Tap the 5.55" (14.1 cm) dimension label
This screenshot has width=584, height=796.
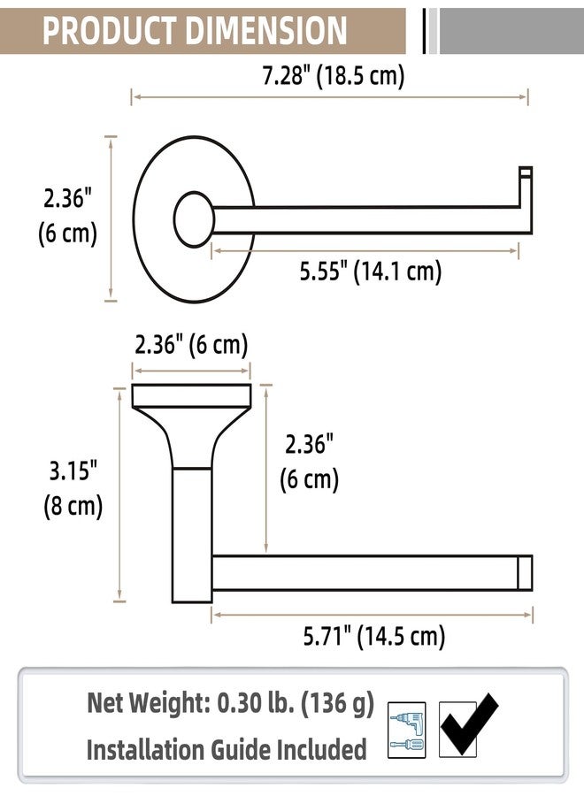[x=370, y=272]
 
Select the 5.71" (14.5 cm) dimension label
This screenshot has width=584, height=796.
[x=373, y=635]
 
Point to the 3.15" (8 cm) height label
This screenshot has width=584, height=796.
[x=73, y=489]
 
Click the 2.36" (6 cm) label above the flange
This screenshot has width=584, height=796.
[x=191, y=345]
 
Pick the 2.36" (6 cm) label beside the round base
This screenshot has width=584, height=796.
[x=67, y=217]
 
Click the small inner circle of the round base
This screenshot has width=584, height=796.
[x=194, y=219]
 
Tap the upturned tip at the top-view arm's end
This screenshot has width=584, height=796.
[x=526, y=173]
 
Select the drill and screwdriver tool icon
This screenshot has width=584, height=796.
[x=407, y=729]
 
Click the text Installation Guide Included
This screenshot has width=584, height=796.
[x=226, y=750]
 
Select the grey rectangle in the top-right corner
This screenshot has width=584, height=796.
[x=511, y=31]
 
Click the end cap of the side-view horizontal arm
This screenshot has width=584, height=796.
[x=525, y=572]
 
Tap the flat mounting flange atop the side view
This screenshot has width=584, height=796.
[x=191, y=395]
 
